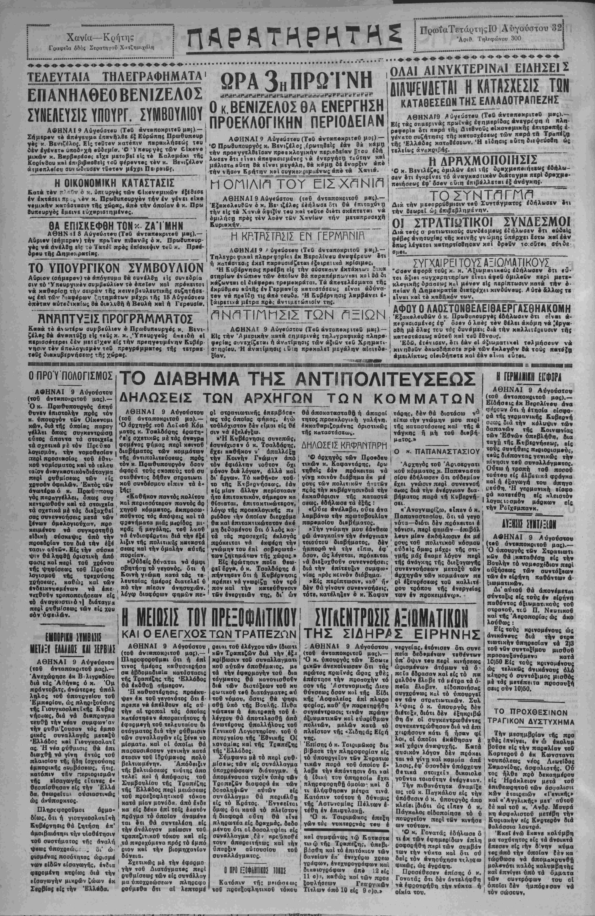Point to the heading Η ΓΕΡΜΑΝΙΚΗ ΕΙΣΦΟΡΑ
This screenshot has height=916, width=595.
528,376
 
